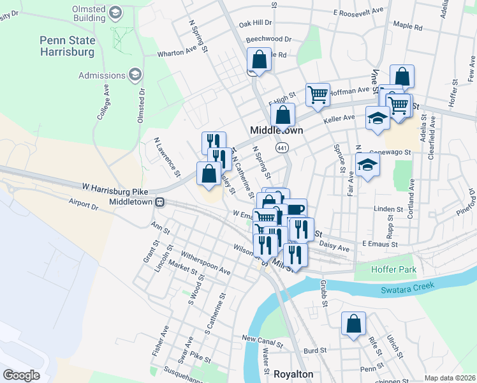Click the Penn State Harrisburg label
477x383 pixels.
tap(67, 45)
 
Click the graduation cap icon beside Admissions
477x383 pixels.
tap(135, 76)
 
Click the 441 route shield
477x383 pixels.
tap(282, 147)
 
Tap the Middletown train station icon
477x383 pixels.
tap(161, 202)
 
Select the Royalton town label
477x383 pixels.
tap(293, 374)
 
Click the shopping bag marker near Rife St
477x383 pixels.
tap(353, 323)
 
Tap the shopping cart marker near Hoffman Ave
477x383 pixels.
tap(317, 94)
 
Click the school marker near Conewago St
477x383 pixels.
tap(367, 165)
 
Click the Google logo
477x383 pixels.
tap(21, 375)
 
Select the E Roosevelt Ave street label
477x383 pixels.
tap(358, 11)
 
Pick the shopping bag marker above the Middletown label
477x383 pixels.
tap(283, 115)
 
